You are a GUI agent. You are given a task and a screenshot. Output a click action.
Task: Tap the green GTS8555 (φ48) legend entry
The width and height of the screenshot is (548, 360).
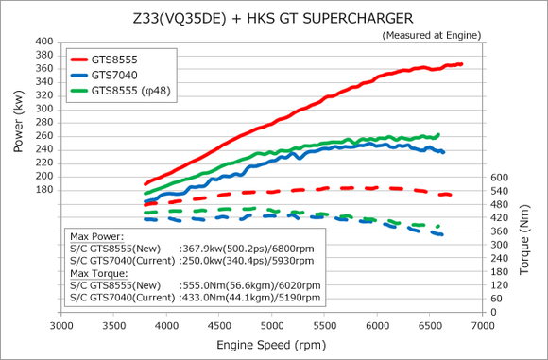(122, 91)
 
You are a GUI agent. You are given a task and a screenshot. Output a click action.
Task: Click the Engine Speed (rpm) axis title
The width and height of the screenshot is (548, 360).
(272, 347)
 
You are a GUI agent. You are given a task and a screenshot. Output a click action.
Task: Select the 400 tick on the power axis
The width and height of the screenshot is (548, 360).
(44, 43)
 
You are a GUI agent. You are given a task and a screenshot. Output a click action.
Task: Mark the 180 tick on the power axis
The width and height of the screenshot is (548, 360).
(44, 190)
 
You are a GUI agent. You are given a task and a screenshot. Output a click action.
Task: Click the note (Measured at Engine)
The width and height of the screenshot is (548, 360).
(431, 35)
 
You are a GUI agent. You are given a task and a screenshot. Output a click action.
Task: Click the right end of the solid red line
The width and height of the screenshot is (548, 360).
(461, 64)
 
